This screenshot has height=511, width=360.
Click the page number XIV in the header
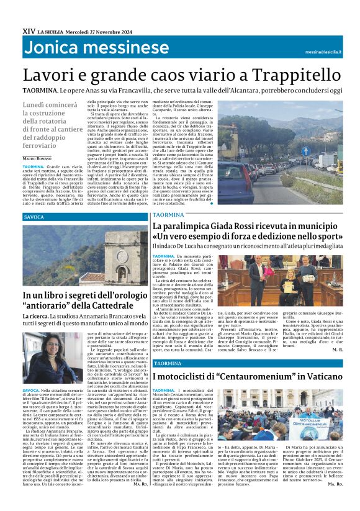point(28,30)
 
